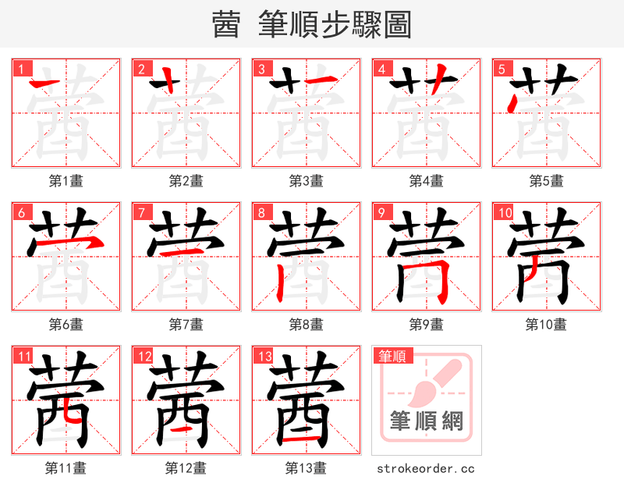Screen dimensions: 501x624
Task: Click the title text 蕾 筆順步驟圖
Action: click(311, 24)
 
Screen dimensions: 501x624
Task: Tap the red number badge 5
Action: click(501, 69)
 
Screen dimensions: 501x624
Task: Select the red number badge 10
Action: click(504, 212)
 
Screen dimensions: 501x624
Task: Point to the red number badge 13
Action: click(264, 356)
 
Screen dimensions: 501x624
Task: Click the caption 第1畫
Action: click(66, 181)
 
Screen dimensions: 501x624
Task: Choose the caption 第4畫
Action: click(427, 181)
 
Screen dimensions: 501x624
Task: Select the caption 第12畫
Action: click(186, 468)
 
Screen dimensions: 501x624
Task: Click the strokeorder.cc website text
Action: click(426, 468)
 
